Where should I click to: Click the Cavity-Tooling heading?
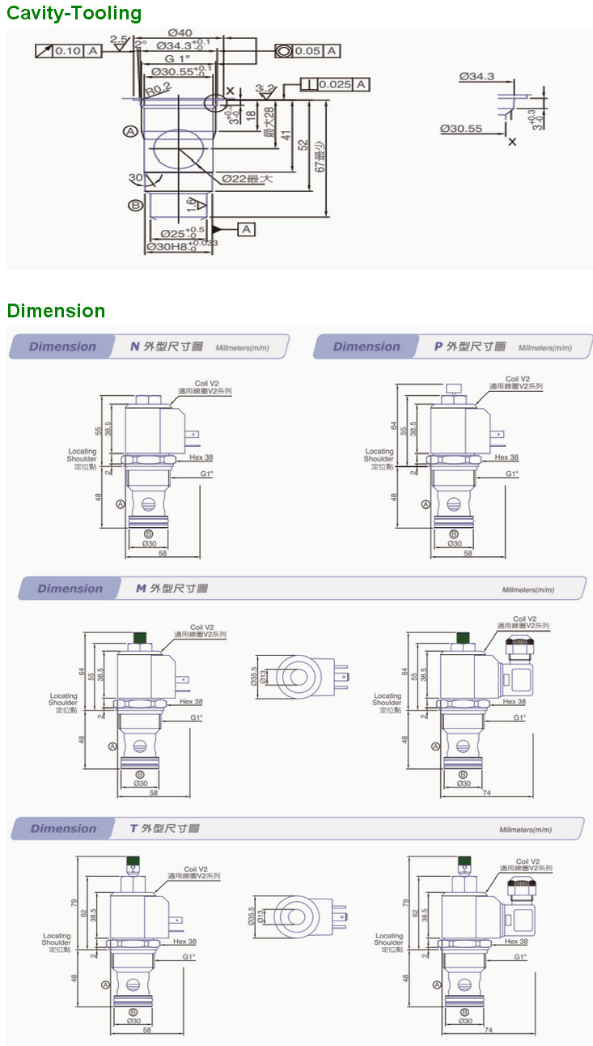[74, 13]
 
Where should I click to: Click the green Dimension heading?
[56, 311]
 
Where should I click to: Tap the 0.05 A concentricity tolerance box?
[307, 51]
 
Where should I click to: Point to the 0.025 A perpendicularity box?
[335, 84]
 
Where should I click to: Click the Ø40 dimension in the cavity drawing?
[180, 32]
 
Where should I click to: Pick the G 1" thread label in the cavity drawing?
[177, 59]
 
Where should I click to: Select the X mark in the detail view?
[511, 141]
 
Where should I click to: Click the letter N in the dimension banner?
[135, 347]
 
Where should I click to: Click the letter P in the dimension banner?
[438, 347]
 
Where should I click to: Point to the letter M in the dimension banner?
[141, 589]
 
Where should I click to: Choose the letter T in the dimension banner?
[134, 828]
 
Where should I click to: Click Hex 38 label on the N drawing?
[201, 457]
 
